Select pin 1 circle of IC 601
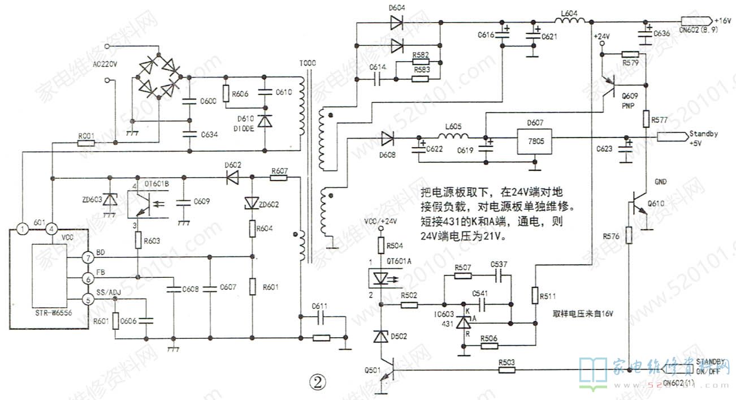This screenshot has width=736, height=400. tap(21, 229)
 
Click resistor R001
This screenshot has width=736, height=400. tap(85, 144)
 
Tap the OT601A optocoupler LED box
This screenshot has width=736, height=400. tap(382, 277)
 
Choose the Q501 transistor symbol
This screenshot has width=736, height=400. tap(386, 371)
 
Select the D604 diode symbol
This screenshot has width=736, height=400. tap(396, 23)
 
